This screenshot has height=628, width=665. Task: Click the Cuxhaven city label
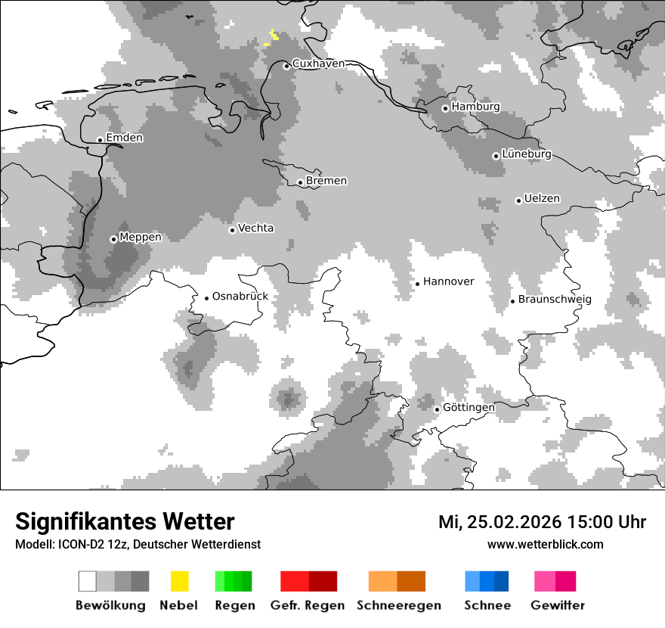(318, 64)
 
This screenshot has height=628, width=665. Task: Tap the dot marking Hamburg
(445, 108)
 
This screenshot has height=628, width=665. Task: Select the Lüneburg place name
(527, 154)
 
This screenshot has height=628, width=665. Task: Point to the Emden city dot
(100, 140)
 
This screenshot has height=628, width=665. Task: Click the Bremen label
(326, 181)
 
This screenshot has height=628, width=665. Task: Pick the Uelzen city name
(542, 199)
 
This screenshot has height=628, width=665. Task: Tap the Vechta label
(256, 229)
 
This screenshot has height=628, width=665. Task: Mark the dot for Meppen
(113, 239)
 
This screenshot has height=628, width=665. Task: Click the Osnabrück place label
(240, 297)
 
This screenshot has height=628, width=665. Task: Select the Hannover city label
(449, 281)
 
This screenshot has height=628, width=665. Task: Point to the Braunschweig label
(555, 300)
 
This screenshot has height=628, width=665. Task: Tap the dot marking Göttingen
(437, 409)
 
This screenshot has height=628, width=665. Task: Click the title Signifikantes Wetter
(125, 522)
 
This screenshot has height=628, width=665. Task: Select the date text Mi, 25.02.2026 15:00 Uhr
(542, 522)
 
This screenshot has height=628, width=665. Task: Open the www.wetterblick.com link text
(545, 545)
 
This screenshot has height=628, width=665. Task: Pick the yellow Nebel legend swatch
(180, 581)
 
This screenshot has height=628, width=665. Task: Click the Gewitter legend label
(558, 605)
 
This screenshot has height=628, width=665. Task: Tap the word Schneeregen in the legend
(399, 605)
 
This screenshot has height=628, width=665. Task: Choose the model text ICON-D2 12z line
(138, 545)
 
